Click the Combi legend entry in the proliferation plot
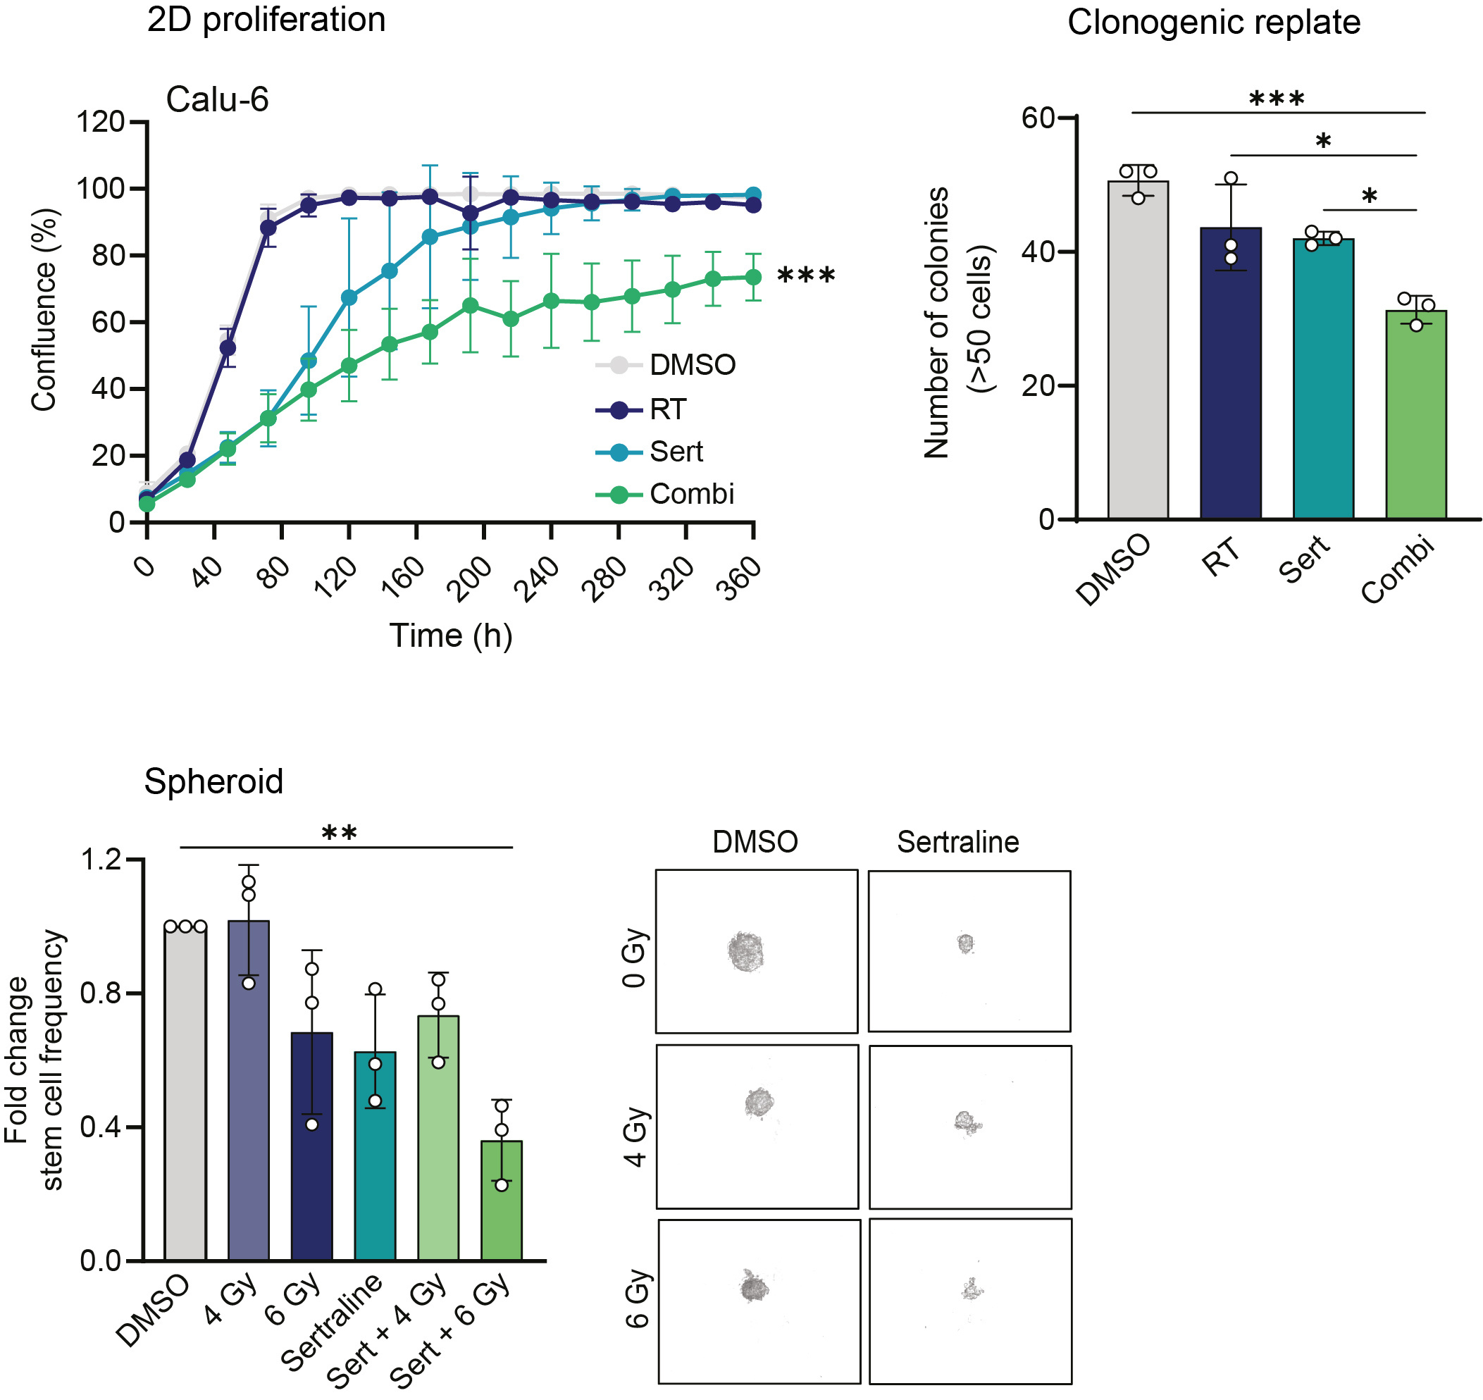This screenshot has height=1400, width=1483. point(690,494)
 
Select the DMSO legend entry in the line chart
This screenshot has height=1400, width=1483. point(691,365)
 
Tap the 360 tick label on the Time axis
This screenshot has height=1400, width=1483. point(739,579)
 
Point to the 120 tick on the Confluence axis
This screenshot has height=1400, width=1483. point(101,122)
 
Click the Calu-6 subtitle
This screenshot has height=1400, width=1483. point(216,99)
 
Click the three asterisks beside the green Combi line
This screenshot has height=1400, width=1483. point(806,277)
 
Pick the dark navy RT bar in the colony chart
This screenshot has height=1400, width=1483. point(1230,373)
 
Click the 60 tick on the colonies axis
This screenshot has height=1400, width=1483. point(1038,118)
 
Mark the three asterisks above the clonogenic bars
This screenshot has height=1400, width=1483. point(1277,99)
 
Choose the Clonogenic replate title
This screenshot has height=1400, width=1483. point(1214,23)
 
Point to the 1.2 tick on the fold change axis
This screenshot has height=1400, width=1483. point(101,860)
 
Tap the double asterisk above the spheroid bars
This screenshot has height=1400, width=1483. point(339,834)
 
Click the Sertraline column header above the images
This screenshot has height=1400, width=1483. point(957,842)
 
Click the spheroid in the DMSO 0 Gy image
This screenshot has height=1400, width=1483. point(745,951)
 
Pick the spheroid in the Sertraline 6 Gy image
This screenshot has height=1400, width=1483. point(972,1289)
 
